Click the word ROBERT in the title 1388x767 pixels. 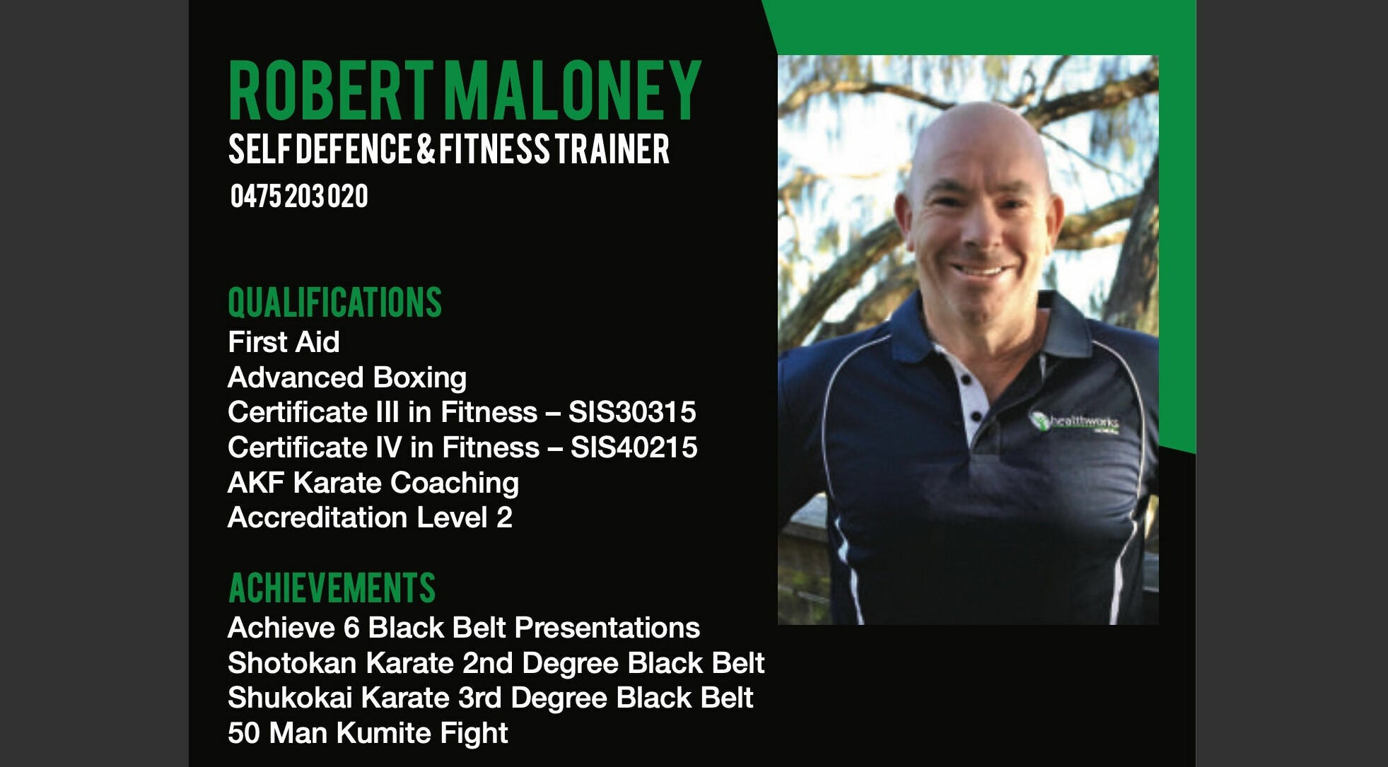[331, 90]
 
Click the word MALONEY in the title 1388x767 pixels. [573, 90]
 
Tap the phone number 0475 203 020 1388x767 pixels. [299, 196]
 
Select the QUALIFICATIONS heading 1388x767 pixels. [334, 303]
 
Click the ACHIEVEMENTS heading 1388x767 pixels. [332, 588]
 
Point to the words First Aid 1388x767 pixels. [284, 342]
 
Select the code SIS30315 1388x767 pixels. [632, 412]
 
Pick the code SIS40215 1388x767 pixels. [634, 447]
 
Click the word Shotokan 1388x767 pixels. [291, 663]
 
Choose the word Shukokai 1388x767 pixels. [290, 698]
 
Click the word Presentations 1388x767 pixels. [607, 628]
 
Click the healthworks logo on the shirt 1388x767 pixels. [1073, 422]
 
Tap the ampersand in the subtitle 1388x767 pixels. [426, 149]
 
